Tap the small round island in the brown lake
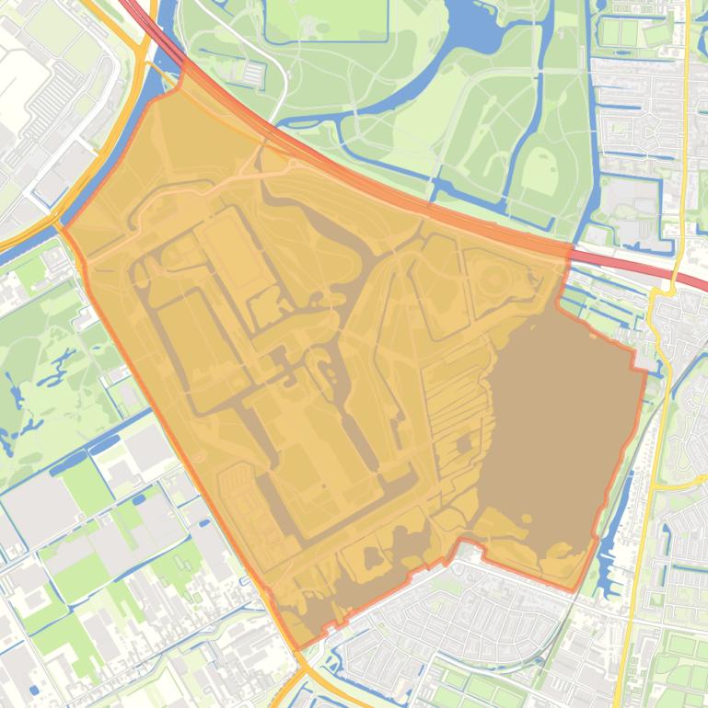pos(465,445)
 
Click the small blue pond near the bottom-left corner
pos(34,689)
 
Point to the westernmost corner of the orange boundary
pos(61,225)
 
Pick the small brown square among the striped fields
pos(463,445)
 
